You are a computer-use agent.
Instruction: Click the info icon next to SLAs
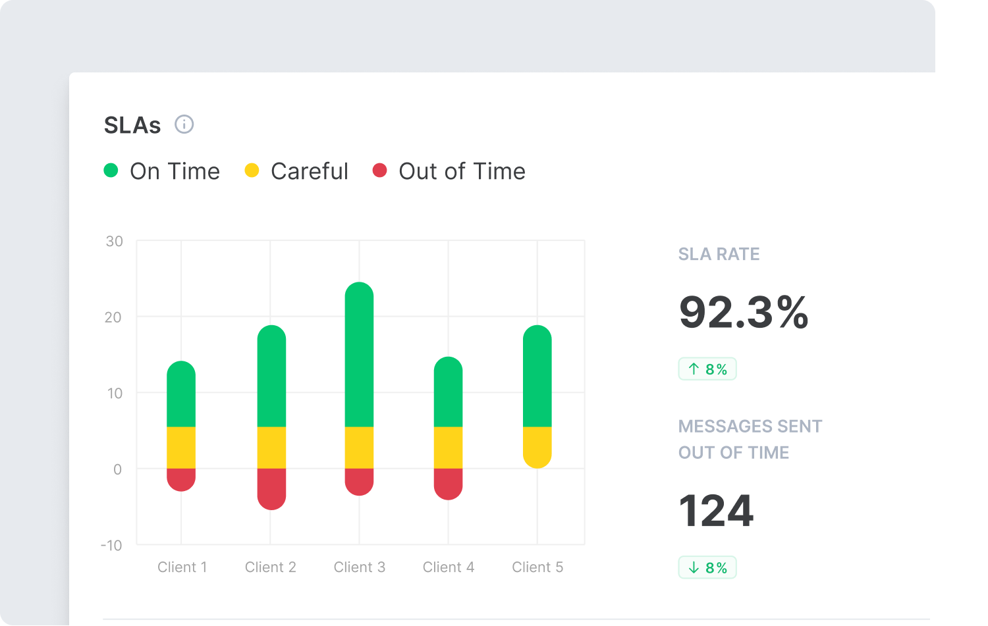click(x=184, y=124)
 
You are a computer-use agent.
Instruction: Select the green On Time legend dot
click(x=111, y=170)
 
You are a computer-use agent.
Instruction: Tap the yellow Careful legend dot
click(x=252, y=170)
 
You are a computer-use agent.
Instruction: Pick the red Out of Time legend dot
click(x=379, y=170)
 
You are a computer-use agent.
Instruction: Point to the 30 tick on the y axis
click(x=114, y=242)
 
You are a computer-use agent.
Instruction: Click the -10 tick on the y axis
click(x=111, y=546)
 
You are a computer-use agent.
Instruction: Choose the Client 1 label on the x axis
click(x=182, y=567)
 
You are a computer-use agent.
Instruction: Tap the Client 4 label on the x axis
click(x=448, y=567)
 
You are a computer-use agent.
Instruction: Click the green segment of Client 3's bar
click(x=359, y=355)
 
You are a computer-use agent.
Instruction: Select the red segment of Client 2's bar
click(x=271, y=488)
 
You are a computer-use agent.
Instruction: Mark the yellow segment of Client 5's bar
click(x=537, y=446)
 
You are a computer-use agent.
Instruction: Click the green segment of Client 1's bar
click(x=181, y=395)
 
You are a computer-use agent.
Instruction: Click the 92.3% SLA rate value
click(x=743, y=312)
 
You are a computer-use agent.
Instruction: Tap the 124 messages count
click(x=716, y=511)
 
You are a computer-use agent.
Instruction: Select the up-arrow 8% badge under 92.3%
click(x=707, y=369)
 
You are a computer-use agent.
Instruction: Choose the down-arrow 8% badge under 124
click(x=707, y=567)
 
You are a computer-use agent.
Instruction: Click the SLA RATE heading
click(x=719, y=254)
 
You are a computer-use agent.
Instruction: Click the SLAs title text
click(x=132, y=125)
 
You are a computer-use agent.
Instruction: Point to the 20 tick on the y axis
click(x=113, y=317)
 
